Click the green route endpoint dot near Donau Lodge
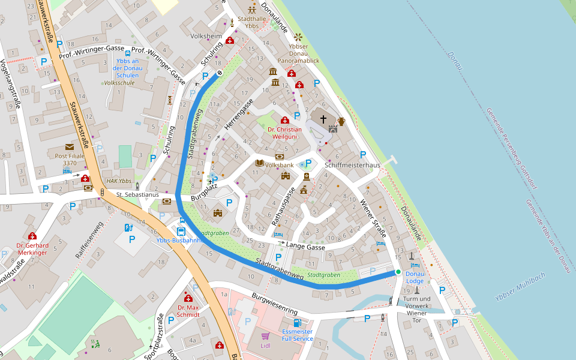[x=397, y=272]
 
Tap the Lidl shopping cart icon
[x=265, y=335]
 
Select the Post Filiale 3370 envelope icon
[x=70, y=147]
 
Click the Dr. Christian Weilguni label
[x=284, y=133]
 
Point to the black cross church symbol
[x=323, y=119]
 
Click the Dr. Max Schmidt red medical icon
[x=188, y=298]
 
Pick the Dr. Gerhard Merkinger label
[x=32, y=249]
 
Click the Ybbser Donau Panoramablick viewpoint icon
[x=298, y=37]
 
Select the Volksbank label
[x=279, y=164]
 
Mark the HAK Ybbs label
[x=118, y=181]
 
